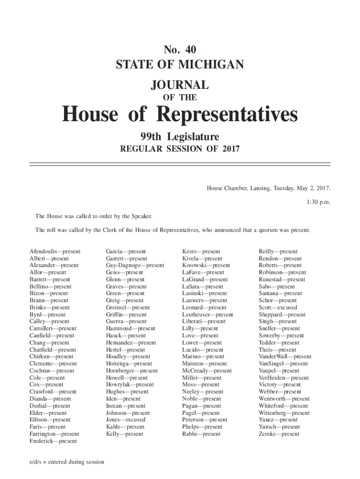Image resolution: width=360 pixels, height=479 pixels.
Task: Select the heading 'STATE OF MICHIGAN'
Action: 180,64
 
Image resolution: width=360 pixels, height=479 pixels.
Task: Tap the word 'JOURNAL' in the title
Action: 180,85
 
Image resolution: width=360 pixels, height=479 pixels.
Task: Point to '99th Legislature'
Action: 180,137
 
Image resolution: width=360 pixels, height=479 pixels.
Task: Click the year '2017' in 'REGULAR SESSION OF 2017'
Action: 231,149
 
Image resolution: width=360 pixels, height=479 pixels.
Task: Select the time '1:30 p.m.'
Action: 318,203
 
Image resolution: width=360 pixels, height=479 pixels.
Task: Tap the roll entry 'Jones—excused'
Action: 125,420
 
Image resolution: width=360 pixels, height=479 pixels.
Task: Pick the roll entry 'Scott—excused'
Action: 278,307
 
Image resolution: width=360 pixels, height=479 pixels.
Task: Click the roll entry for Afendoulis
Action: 55,251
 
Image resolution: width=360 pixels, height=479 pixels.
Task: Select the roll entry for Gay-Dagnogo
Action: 135,265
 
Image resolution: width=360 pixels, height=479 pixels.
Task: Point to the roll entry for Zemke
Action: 279,434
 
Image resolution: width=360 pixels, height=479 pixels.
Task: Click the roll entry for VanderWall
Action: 285,356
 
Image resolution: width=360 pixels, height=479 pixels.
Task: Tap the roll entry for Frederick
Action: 53,441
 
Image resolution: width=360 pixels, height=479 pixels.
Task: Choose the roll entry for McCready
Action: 207,370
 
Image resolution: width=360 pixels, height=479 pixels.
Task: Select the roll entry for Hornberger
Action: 132,370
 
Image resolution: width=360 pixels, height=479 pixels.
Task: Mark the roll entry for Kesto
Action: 201,251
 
